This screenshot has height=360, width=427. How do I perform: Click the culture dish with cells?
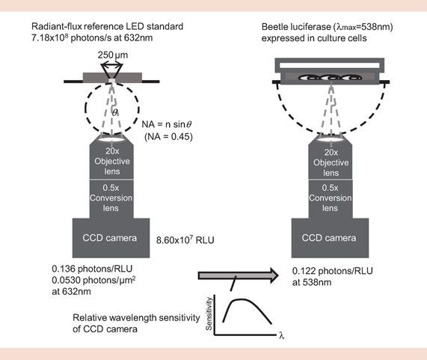coord(330,73)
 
